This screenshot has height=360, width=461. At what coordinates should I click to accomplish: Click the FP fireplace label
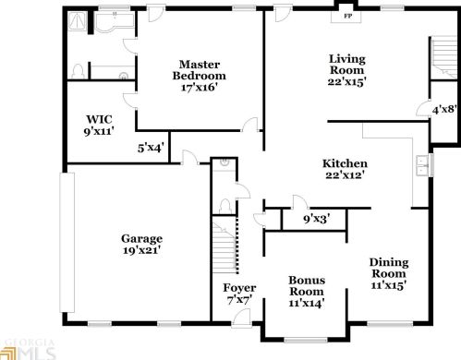(347, 16)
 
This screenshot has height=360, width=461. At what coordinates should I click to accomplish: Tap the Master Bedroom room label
(199, 70)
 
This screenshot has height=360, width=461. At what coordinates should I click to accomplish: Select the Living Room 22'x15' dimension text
(346, 82)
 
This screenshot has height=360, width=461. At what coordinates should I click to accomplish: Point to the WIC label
(99, 119)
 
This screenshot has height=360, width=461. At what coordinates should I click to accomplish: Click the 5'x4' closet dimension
(151, 148)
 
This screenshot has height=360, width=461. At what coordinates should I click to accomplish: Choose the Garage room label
(141, 238)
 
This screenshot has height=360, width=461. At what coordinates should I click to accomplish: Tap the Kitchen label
(345, 163)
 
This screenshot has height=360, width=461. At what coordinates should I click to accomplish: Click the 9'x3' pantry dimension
(317, 219)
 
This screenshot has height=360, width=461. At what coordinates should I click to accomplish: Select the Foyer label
(239, 288)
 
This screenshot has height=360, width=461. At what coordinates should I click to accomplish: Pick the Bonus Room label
(307, 286)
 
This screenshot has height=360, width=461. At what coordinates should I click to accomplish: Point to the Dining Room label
(389, 268)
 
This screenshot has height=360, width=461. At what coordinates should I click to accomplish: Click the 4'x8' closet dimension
(443, 110)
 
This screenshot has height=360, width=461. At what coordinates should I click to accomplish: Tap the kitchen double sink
(423, 165)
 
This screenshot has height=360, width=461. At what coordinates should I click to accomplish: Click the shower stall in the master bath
(77, 21)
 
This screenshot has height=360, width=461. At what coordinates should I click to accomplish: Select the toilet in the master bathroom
(78, 71)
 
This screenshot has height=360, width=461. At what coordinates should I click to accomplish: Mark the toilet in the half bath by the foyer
(225, 206)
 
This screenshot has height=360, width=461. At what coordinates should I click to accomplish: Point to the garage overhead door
(67, 243)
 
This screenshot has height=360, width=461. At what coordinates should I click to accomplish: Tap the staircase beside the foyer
(225, 245)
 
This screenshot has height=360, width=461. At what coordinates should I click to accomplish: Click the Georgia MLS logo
(27, 349)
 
